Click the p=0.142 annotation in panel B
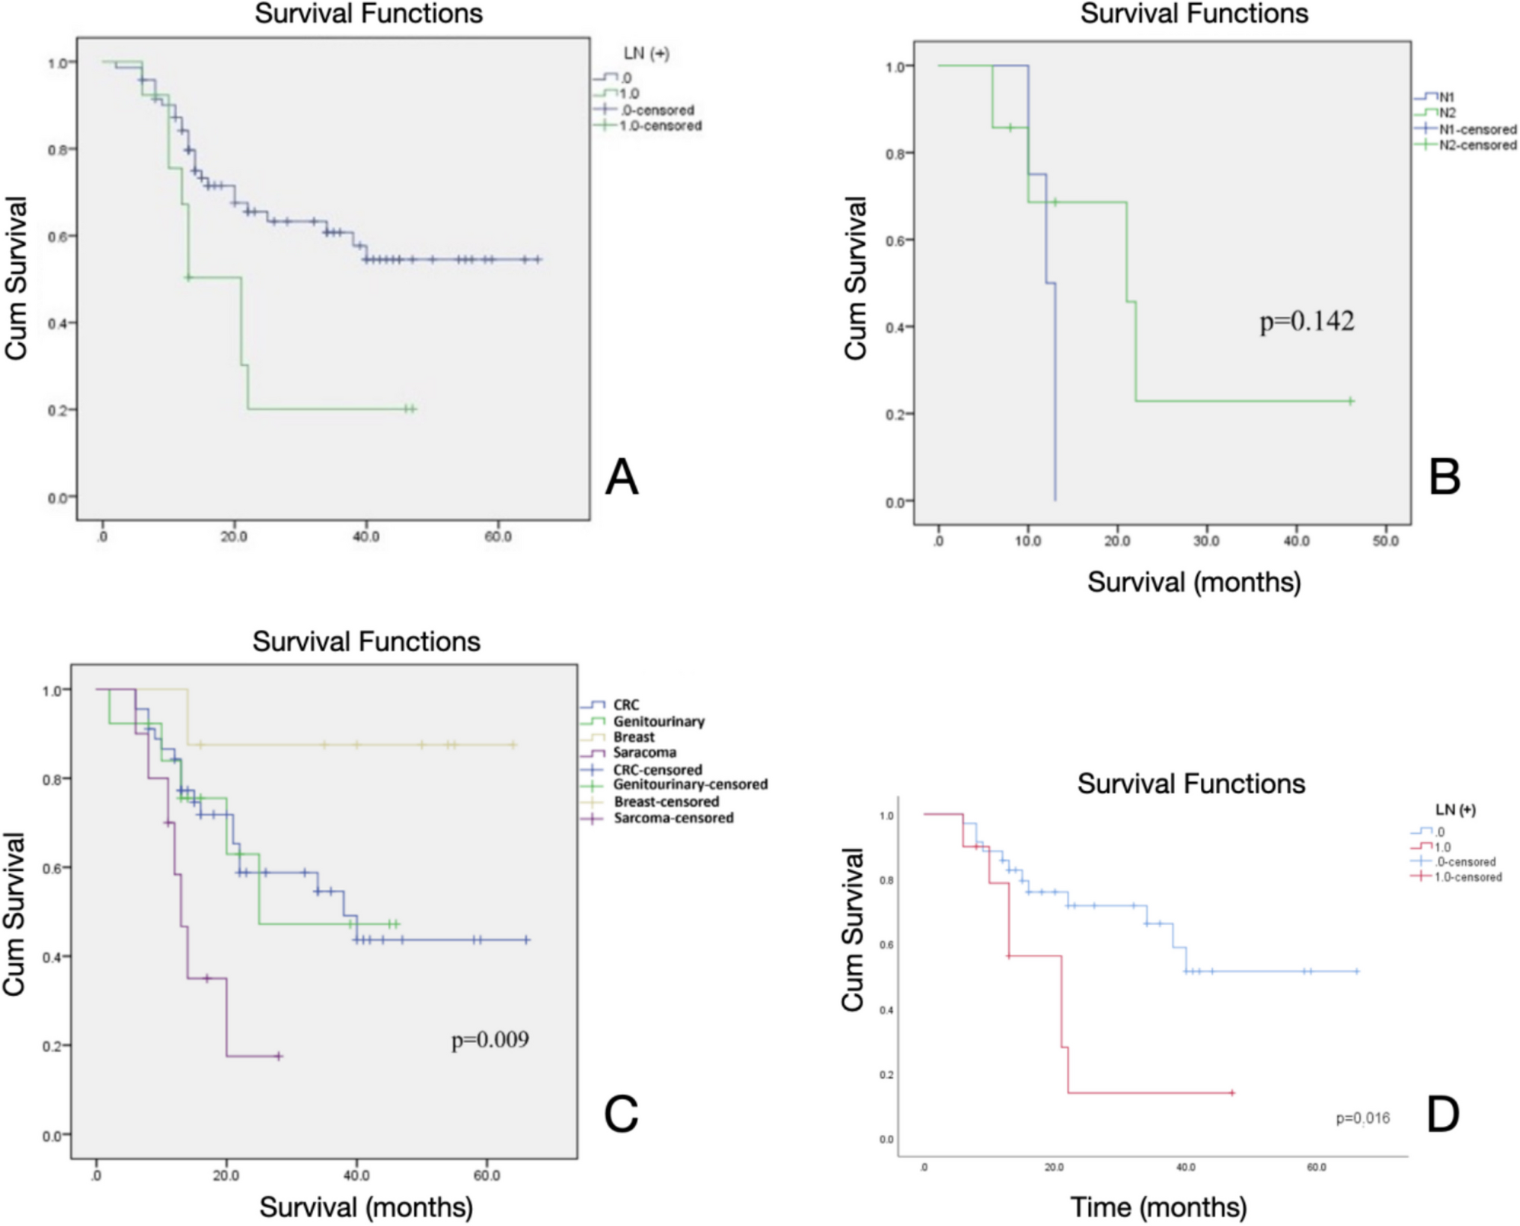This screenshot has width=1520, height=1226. [x=1306, y=321]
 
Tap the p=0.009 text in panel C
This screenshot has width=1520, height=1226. [x=489, y=1039]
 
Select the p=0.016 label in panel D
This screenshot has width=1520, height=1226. [x=1362, y=1118]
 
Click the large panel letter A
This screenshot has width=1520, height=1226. [x=622, y=477]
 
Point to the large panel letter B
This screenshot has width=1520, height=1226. [x=1444, y=477]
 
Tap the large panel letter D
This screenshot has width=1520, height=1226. [x=1443, y=1115]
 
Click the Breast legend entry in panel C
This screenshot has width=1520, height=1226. [x=633, y=737]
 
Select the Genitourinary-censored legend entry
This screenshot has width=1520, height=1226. [x=690, y=784]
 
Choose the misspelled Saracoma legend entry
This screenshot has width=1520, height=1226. [x=644, y=753]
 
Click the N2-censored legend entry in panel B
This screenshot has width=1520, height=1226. [x=1477, y=145]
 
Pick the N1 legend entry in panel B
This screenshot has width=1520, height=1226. [x=1447, y=97]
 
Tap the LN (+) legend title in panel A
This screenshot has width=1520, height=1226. [x=646, y=54]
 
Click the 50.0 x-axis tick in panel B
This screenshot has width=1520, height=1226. [x=1385, y=541]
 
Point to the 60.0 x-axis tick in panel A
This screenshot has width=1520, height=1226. [x=498, y=537]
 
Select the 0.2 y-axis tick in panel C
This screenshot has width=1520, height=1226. [x=52, y=1045]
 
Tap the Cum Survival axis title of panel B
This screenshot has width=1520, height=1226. [x=855, y=278]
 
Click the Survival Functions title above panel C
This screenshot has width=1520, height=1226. [x=366, y=642]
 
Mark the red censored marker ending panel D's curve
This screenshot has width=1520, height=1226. [x=1232, y=1093]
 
